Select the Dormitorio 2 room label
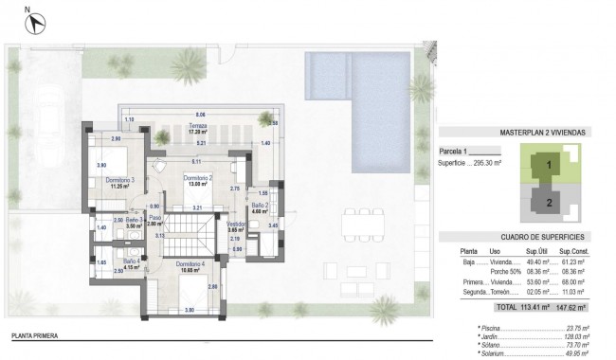point(196,178)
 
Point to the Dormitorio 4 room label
point(192,264)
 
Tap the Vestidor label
point(236,225)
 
